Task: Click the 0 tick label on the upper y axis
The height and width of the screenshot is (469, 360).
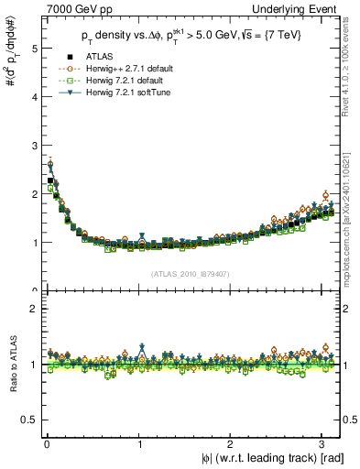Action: pos(28,291)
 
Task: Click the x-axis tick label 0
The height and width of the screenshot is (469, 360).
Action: pos(47,444)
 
